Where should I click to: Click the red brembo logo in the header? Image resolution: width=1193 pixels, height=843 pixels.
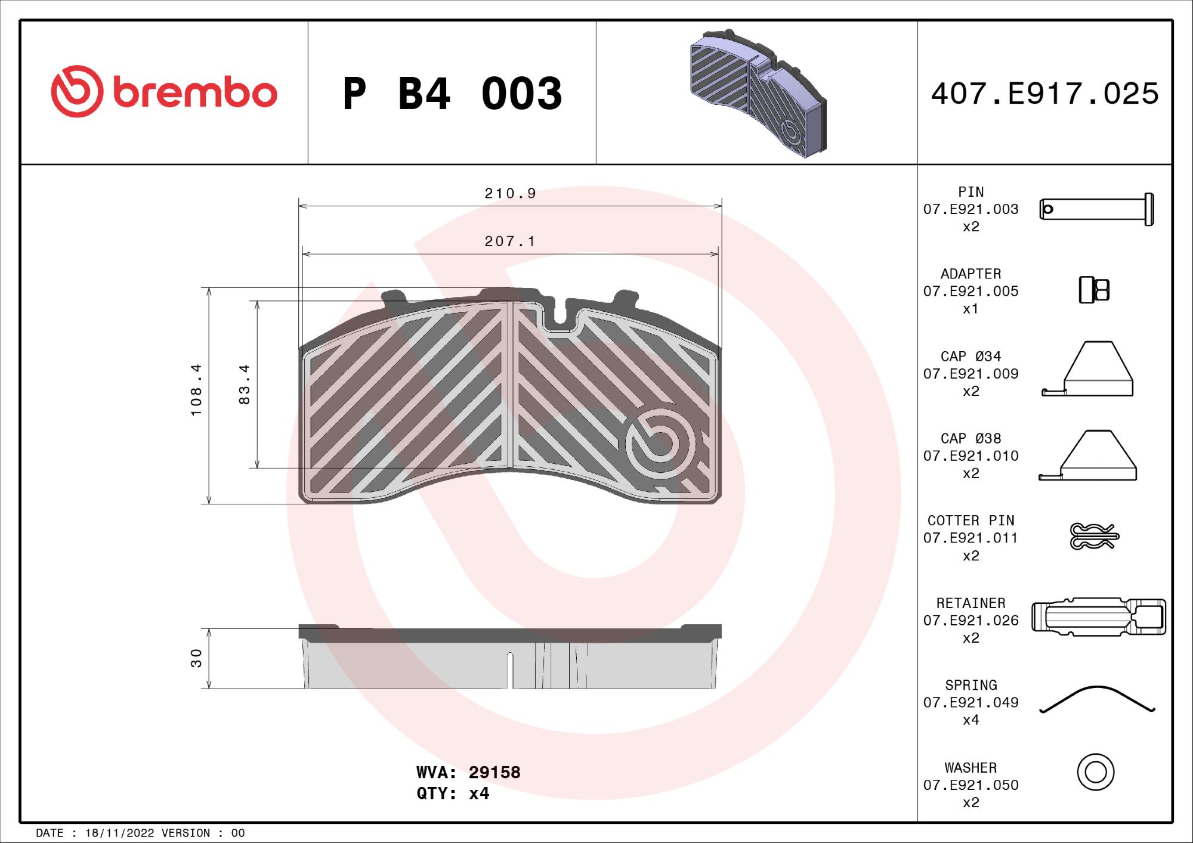164,92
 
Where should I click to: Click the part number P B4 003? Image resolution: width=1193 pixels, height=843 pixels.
452,94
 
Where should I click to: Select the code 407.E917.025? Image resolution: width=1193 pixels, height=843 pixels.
1044,94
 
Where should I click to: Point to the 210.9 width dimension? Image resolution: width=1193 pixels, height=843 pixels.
510,194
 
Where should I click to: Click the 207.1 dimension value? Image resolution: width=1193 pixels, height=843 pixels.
510,241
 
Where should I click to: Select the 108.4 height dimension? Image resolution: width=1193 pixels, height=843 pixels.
196,390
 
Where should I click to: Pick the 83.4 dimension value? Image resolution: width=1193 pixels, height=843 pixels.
244,385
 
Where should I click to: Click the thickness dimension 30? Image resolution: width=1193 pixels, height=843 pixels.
196,658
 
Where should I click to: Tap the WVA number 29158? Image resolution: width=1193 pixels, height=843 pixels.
494,773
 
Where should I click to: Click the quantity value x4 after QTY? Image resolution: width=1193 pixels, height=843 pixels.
479,794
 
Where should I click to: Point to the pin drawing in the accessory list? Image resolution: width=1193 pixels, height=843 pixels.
1096,209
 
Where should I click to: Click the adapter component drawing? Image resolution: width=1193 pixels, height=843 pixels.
1094,290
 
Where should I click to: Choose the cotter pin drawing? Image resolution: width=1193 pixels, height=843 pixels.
1094,536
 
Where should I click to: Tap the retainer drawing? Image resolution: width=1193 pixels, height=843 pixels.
1098,617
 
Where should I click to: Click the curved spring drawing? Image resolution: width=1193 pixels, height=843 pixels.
1097,699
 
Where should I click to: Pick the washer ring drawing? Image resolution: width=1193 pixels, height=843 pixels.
1096,772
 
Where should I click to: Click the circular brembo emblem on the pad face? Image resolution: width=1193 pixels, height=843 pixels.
660,443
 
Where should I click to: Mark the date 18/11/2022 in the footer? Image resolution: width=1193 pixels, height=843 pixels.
119,833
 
